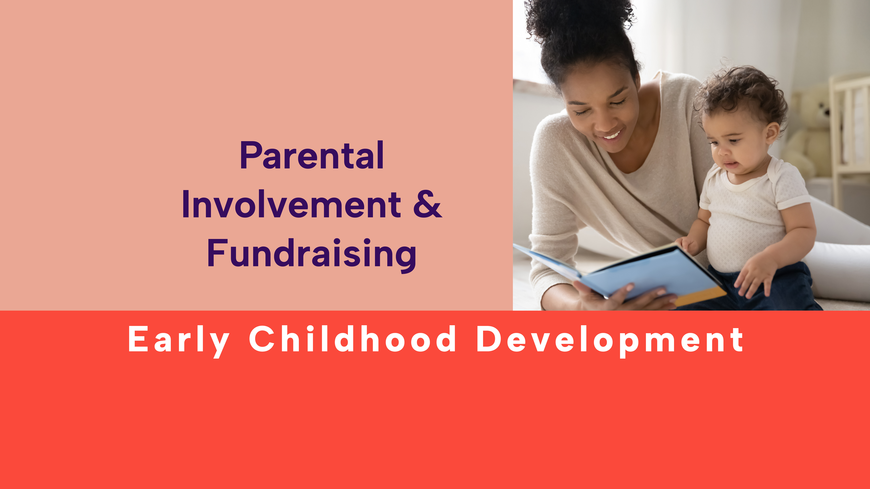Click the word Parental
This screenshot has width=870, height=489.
click(311, 156)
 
